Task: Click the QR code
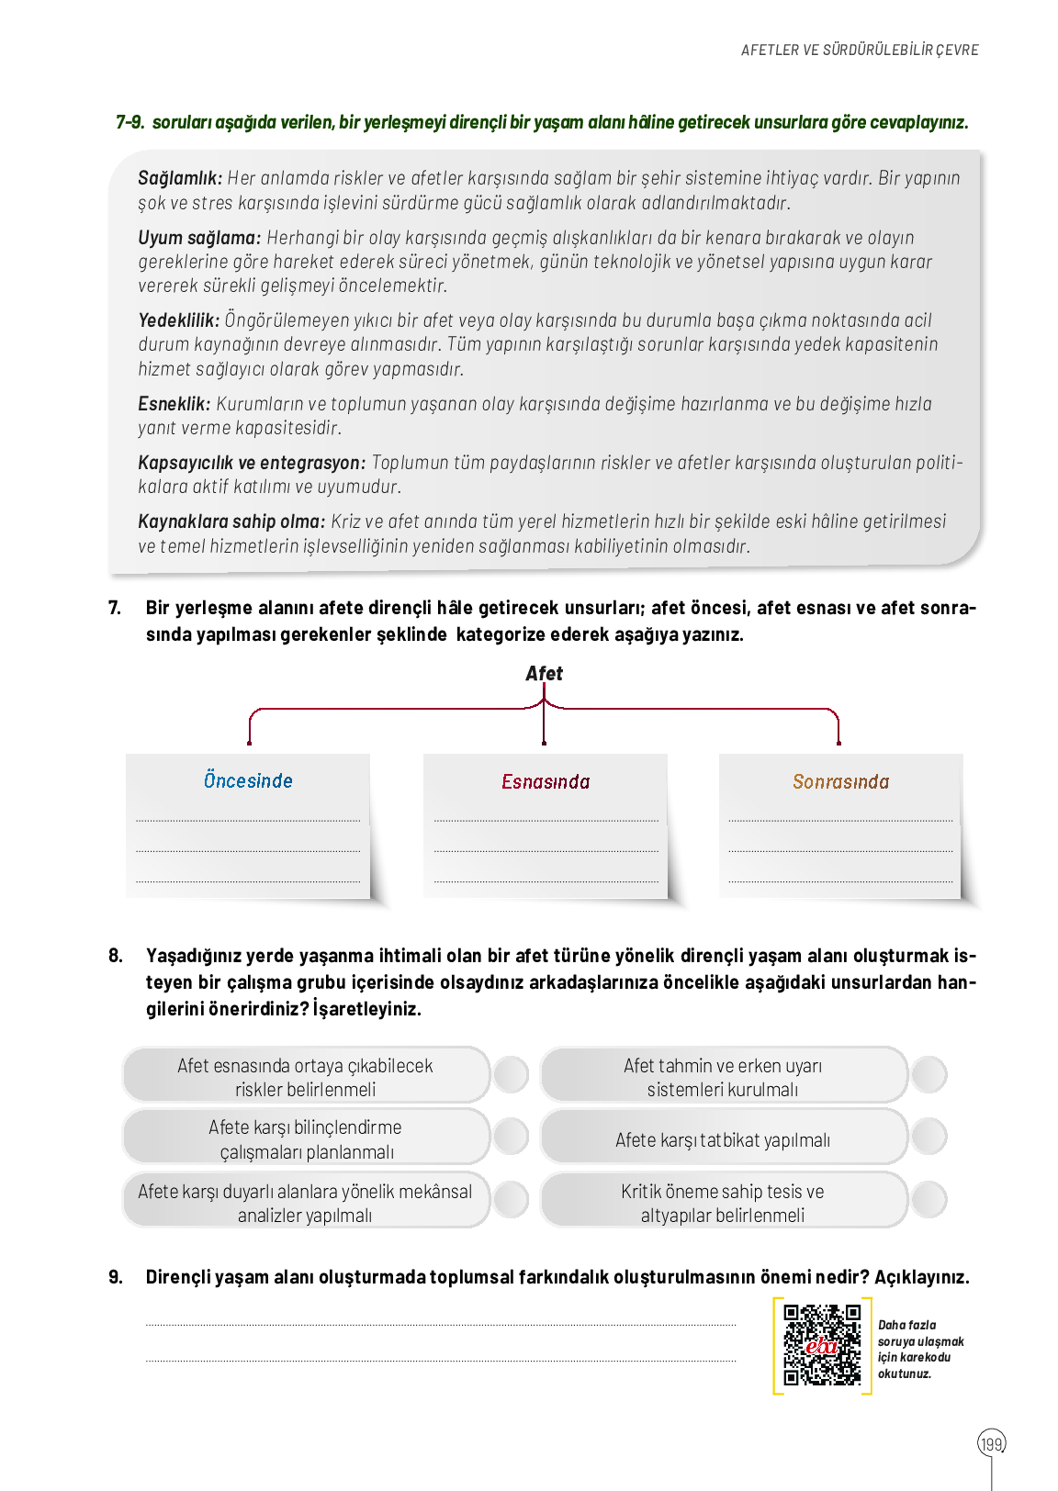(821, 1345)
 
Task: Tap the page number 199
(991, 1444)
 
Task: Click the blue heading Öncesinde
(248, 781)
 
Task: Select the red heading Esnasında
(546, 782)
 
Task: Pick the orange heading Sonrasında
(840, 782)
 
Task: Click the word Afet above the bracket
(544, 674)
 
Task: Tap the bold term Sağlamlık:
(180, 178)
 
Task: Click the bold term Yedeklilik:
(179, 320)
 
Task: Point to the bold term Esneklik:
(174, 404)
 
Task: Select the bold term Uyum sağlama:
(199, 238)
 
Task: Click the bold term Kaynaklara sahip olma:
(231, 521)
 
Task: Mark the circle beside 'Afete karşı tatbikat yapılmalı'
(929, 1137)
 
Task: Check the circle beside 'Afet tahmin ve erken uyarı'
(929, 1074)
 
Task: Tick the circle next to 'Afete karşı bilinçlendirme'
(511, 1137)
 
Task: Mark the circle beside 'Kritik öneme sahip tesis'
(929, 1200)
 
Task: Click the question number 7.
(114, 608)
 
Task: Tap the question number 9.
(115, 1277)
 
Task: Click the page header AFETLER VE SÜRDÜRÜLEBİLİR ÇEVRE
(860, 50)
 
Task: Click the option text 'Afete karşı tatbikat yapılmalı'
(723, 1140)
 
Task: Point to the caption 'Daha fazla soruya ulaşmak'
(920, 1333)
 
